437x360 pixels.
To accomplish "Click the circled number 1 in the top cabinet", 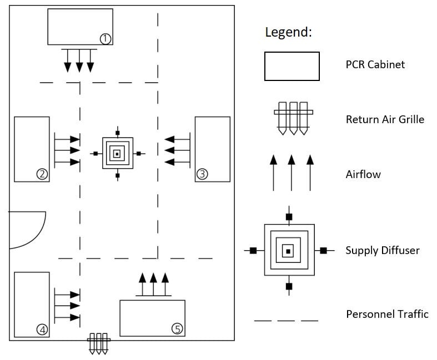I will pos(105,38).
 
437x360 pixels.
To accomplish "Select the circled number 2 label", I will pos(42,174).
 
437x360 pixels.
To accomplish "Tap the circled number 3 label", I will pos(202,174).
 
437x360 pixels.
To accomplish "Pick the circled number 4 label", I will pos(42,330).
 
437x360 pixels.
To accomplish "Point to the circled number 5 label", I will pos(177,329).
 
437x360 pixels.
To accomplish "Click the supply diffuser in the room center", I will pos(117,154).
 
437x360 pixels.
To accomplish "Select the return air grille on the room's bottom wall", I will pos(99,343).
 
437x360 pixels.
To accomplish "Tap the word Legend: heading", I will pos(288,32).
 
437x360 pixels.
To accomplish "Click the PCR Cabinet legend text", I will pos(375,65).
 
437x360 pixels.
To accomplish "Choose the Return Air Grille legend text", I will pos(385,119).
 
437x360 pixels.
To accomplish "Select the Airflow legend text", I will pos(363,175).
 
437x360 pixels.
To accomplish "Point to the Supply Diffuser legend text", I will pos(383,250).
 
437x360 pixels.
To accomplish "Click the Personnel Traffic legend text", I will pos(387,315).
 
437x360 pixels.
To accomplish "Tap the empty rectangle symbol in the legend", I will pos(292,66).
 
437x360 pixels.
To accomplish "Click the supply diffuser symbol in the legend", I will pos(288,251).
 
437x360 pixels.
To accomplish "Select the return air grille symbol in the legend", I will pos(293,118).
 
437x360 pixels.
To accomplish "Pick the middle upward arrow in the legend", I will pos(292,173).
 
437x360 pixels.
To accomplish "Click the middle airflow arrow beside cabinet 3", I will pos(178,150).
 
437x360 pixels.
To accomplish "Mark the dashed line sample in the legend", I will pos(286,321).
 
